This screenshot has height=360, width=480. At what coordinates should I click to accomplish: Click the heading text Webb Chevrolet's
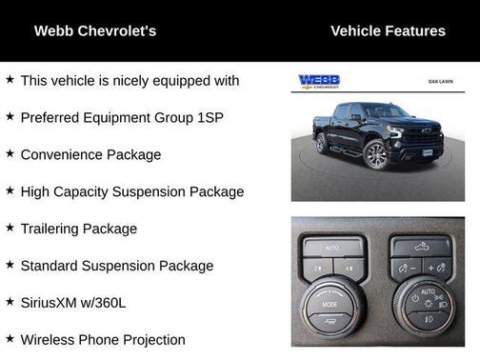click(95, 31)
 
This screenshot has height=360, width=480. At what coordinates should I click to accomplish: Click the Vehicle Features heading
click(388, 31)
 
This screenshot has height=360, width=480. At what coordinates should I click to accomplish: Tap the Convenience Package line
click(91, 154)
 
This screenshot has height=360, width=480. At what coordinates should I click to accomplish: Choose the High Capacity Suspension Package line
click(132, 191)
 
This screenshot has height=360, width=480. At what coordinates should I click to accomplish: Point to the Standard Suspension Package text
click(116, 266)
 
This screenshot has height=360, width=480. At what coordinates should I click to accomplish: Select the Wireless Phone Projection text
click(103, 339)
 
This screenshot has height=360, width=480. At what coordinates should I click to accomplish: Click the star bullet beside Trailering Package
click(10, 228)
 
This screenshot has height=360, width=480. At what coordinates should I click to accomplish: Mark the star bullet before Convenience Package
click(10, 153)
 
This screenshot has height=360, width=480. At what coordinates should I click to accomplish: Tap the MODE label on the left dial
click(329, 304)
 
